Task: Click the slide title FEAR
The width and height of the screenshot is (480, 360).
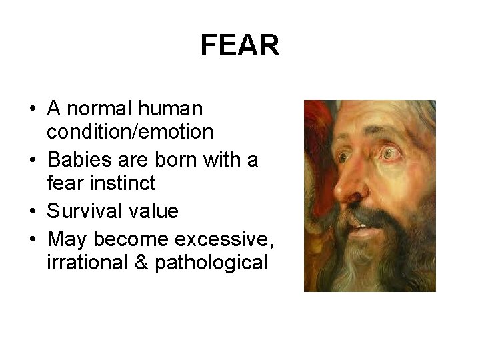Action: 239,46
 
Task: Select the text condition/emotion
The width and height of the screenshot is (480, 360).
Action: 130,133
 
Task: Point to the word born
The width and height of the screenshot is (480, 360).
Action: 179,159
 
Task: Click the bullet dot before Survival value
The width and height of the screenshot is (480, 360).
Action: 32,212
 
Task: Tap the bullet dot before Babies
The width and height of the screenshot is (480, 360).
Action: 32,160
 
